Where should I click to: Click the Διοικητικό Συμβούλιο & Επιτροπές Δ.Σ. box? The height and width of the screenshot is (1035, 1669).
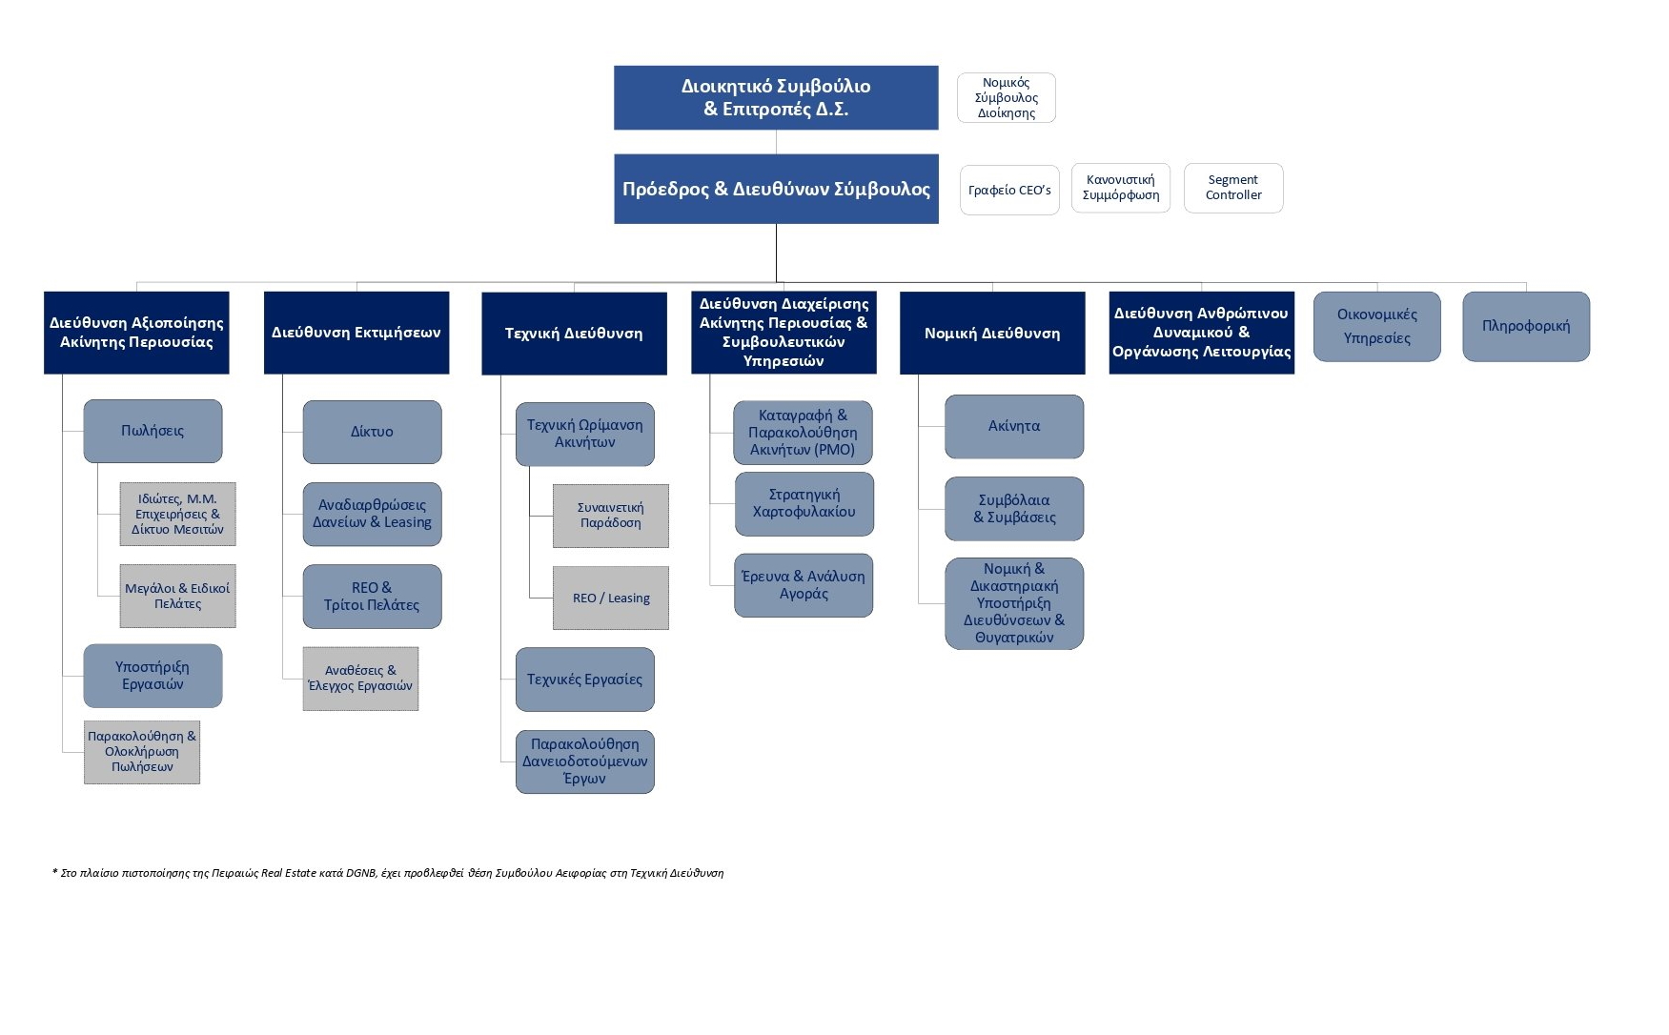tap(776, 97)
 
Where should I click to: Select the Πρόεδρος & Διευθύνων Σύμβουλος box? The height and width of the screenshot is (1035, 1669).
tap(776, 189)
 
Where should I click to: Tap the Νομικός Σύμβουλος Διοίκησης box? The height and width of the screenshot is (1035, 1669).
tap(1007, 97)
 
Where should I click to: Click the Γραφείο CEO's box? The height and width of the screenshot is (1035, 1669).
tap(1009, 190)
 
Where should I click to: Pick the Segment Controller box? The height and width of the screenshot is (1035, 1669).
tap(1233, 188)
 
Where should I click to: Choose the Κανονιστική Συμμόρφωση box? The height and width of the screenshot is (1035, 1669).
tap(1121, 188)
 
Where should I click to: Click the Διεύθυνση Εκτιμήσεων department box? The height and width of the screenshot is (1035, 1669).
tap(356, 333)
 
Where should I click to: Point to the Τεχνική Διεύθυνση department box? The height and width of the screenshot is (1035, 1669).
tap(574, 334)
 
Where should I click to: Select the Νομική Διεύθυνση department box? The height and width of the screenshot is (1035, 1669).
tap(992, 334)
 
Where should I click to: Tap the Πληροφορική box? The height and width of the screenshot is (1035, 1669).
tap(1526, 327)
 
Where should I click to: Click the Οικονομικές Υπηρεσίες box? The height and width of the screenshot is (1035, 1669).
tap(1377, 327)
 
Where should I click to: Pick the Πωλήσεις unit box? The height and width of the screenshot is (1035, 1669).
tap(153, 431)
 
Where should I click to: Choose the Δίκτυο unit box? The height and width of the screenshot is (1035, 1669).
tap(372, 432)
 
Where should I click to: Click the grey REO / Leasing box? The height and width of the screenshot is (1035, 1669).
tap(611, 599)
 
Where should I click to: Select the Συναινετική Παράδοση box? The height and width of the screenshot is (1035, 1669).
tap(611, 516)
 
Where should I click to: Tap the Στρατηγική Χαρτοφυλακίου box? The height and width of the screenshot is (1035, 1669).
tap(804, 504)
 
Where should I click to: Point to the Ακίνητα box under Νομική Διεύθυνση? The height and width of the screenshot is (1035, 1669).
tap(1014, 427)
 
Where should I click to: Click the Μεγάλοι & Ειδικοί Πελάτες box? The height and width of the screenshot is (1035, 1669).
tap(177, 597)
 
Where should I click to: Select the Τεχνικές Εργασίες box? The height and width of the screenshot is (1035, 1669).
tap(585, 680)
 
